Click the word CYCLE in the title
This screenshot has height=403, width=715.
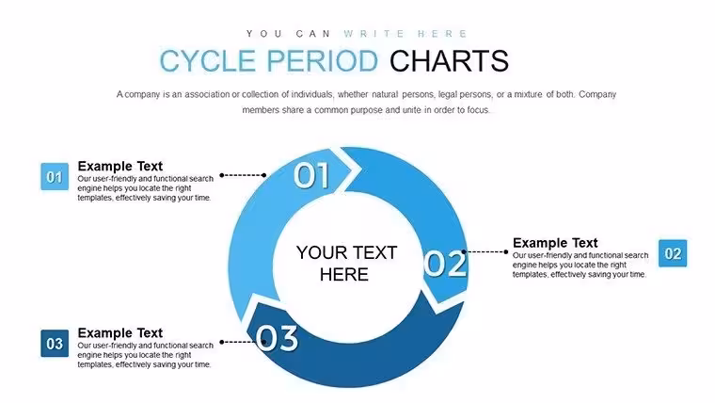pos(208,61)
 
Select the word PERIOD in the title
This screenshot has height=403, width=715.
pos(323,61)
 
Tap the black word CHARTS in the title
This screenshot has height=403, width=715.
pos(449,61)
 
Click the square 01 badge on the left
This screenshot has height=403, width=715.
pos(55,177)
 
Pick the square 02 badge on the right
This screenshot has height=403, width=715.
pos(673,253)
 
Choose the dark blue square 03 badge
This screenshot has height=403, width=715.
pos(55,344)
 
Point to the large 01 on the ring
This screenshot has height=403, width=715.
pos(311,175)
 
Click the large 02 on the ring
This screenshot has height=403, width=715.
pos(445,264)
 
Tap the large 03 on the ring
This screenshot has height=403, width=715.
pos(277,338)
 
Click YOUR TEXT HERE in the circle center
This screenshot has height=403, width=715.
pos(346,264)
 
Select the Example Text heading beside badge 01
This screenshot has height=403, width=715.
pos(119,166)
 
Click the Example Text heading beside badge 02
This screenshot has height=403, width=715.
pos(555,243)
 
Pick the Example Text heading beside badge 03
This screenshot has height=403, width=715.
pos(119,332)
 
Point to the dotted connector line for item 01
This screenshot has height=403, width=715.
pos(243,175)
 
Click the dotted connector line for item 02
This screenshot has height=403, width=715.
pos(485,251)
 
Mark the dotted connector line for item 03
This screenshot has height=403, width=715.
pos(243,342)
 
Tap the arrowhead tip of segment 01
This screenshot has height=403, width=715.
pos(360,170)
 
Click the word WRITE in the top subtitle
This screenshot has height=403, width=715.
pos(373,34)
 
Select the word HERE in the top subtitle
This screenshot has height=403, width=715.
pos(443,34)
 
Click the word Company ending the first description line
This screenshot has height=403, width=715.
pos(597,94)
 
